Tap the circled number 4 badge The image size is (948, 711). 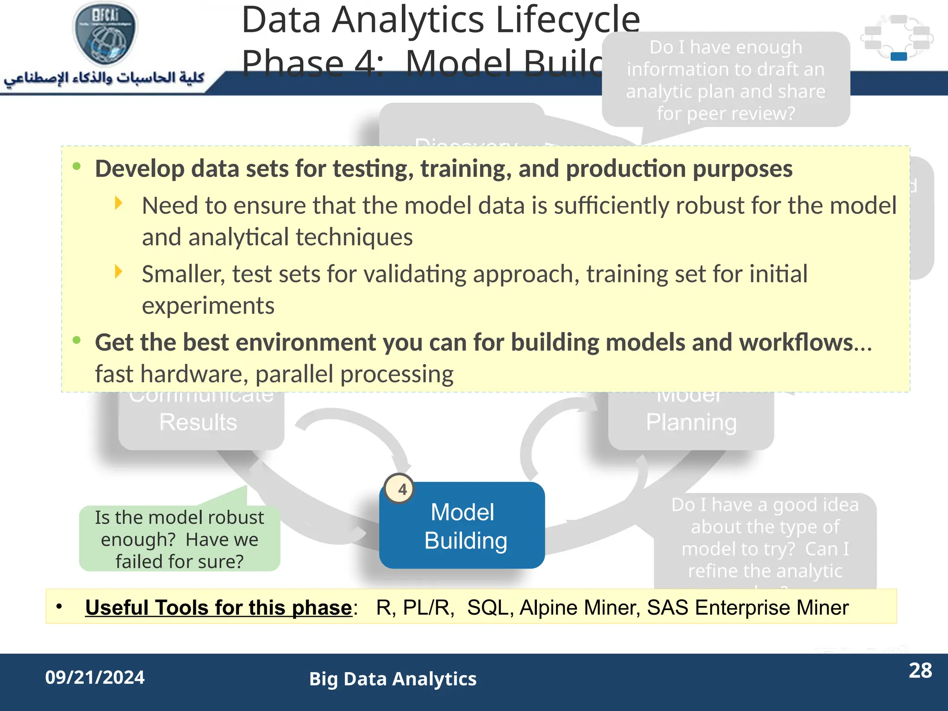tap(401, 489)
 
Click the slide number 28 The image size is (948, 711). tap(920, 671)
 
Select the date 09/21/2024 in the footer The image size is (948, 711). tap(95, 678)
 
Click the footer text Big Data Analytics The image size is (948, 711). tap(393, 679)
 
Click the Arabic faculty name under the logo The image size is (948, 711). tap(104, 78)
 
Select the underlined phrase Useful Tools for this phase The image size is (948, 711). tap(218, 608)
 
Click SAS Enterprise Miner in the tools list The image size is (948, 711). tap(748, 608)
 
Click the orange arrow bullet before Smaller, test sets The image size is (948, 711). tap(118, 272)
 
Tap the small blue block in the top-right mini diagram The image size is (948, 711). tap(898, 56)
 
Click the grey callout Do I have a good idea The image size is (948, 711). tap(765, 537)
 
